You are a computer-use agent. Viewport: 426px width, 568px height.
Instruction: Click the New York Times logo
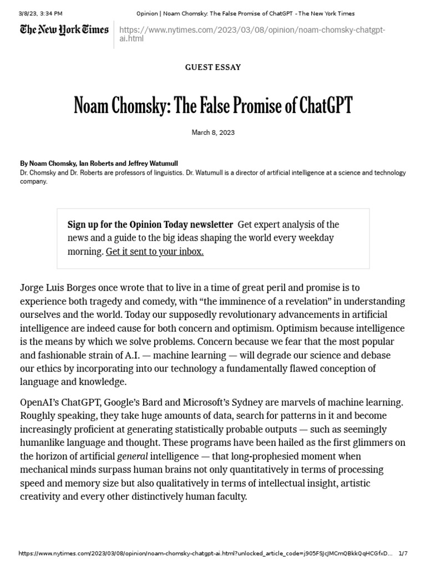click(x=64, y=30)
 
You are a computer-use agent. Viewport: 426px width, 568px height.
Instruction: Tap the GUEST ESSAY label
click(x=213, y=67)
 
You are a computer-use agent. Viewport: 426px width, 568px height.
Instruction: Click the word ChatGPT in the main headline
click(x=319, y=105)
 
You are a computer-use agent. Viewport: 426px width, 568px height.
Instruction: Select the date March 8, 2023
click(x=213, y=133)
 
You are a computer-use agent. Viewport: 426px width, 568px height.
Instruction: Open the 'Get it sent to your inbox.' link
click(x=155, y=251)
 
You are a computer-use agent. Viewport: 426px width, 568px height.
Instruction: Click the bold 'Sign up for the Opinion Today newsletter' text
click(x=150, y=225)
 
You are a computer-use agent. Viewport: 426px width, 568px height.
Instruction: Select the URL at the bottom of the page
click(x=205, y=554)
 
